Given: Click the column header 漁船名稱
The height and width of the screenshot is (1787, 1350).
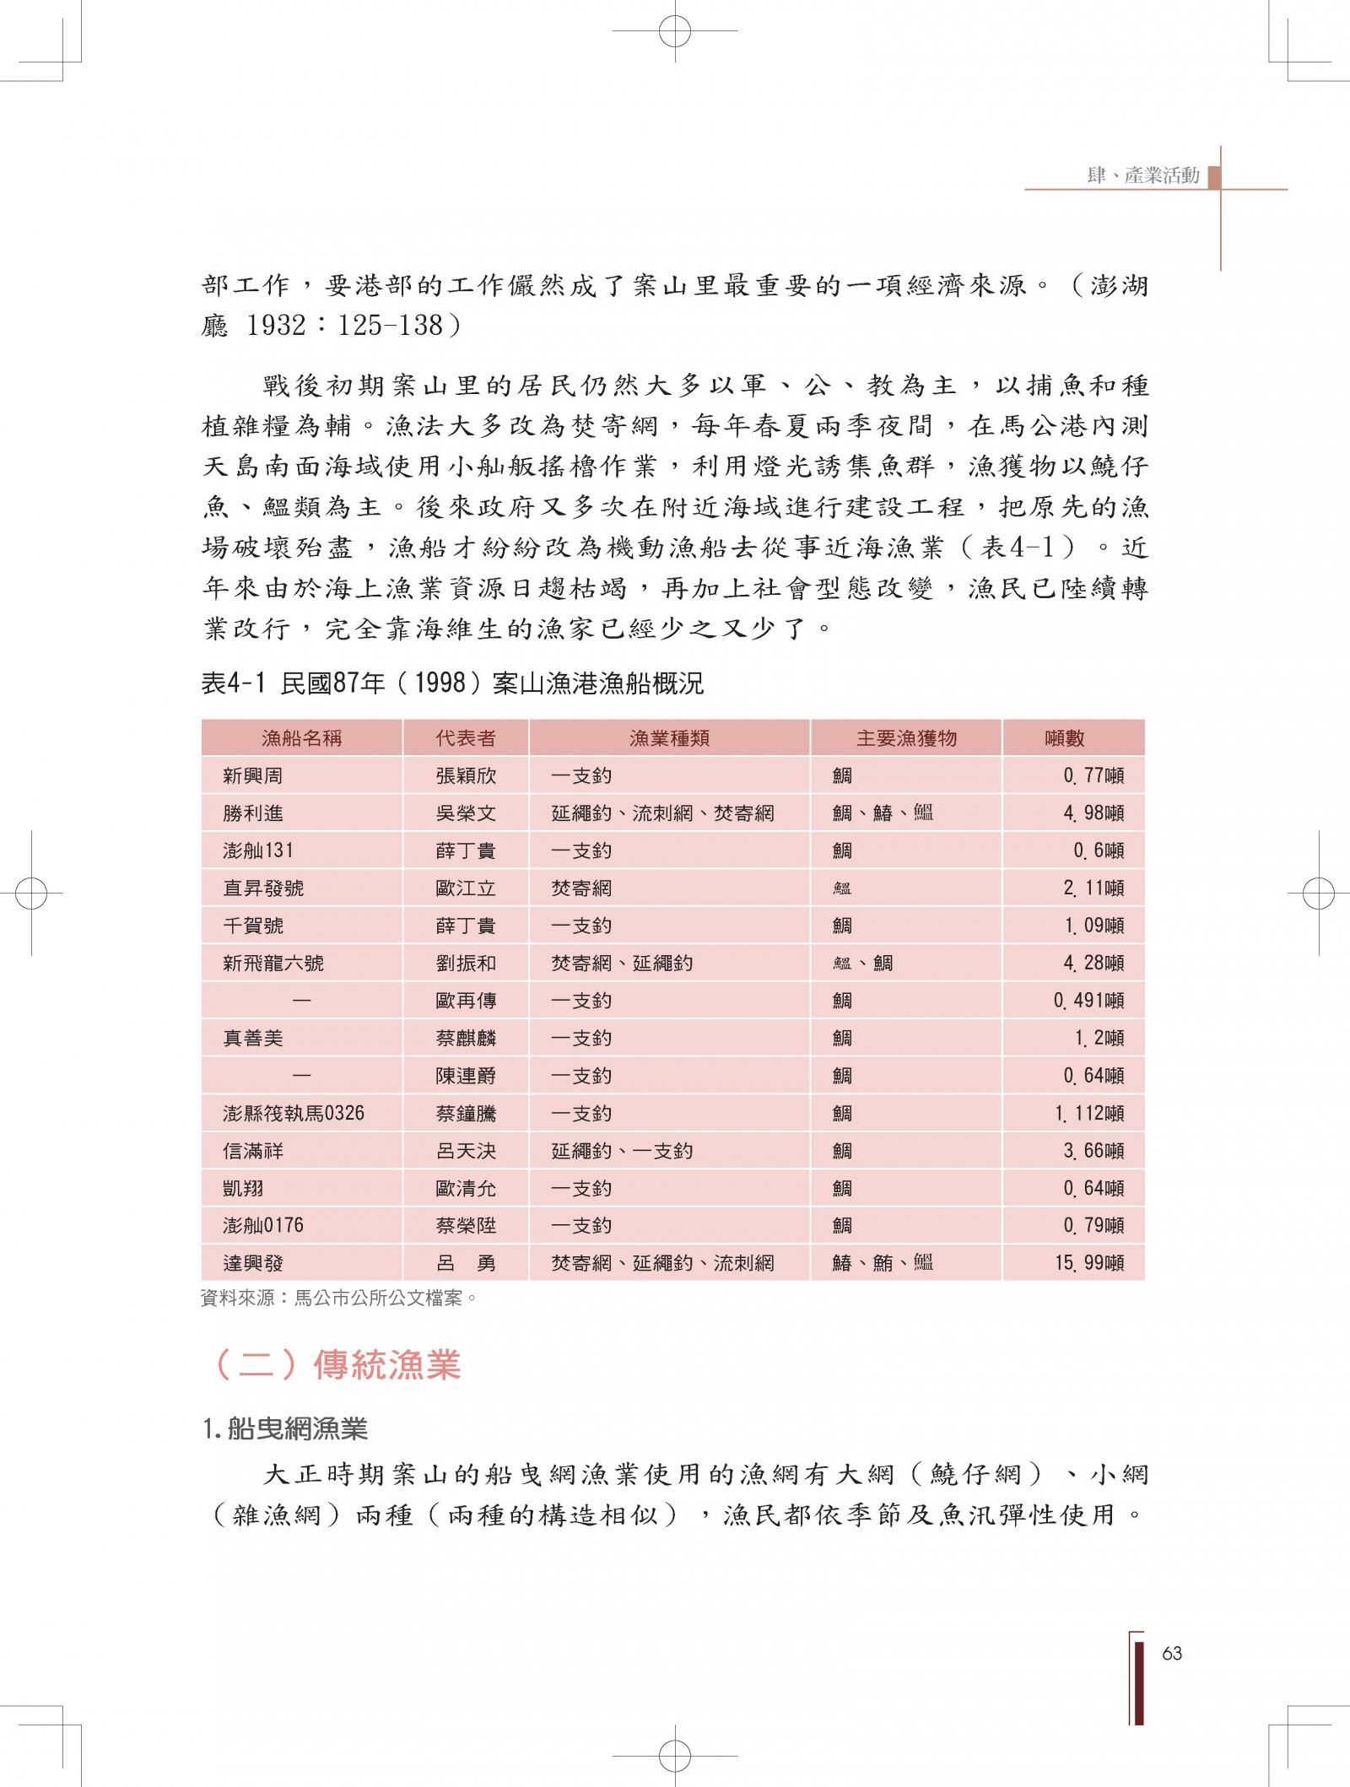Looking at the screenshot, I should click(301, 738).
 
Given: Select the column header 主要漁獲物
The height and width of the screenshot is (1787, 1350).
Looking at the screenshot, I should click(906, 738).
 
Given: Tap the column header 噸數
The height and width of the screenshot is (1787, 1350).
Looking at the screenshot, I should click(1064, 738).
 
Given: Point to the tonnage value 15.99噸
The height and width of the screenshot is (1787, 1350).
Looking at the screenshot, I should click(1088, 1263).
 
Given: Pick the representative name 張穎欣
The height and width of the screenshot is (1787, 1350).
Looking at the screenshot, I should click(466, 776).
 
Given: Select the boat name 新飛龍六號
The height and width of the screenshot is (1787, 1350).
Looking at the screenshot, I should click(273, 964).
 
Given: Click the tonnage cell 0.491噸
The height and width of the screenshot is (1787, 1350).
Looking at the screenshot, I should click(1088, 1001).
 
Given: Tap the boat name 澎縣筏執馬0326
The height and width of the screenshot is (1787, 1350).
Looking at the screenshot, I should click(293, 1113).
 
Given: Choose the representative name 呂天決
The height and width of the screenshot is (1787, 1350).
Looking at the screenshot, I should click(466, 1151).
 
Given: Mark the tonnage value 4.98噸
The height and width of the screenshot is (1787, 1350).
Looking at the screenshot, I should click(1093, 813).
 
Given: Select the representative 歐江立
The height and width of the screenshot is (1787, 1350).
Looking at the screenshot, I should click(466, 888).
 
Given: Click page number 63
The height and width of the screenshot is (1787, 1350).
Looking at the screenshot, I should click(1171, 1653).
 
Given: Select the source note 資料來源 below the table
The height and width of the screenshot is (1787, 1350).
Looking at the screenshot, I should click(339, 1298).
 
